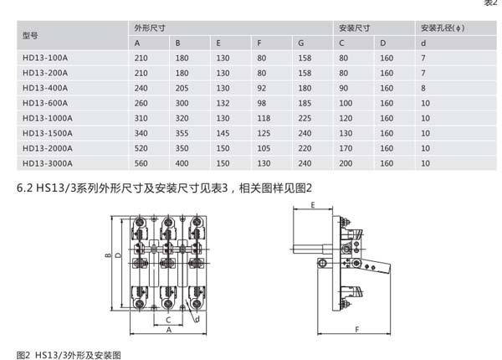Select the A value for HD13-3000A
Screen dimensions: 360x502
coord(141,163)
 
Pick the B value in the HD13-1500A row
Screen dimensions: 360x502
coord(182,133)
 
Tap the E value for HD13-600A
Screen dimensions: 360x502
coord(223,103)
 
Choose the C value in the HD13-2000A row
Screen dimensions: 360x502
coord(345,148)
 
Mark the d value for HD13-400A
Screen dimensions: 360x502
coord(424,88)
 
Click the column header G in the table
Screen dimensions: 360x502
coord(301,43)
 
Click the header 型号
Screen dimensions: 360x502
coord(31,35)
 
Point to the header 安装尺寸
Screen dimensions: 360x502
coord(352,28)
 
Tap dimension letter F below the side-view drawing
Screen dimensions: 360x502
coord(357,331)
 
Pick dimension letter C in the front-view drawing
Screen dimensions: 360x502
coord(168,319)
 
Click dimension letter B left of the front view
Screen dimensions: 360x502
coord(108,256)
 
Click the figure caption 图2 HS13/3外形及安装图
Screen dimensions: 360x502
coord(69,353)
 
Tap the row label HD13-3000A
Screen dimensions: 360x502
coord(48,163)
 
